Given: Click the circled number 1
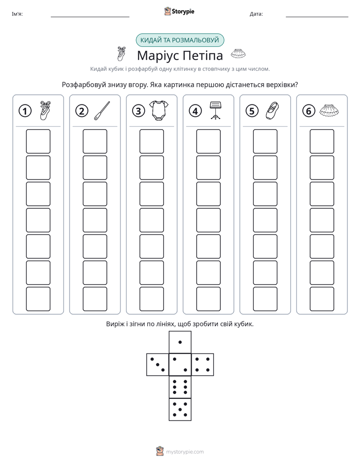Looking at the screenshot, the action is coord(25,111).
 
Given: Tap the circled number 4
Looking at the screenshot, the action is coord(195,111).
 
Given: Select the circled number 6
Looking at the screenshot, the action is coord(309,111).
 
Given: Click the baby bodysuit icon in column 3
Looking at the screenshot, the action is coord(159,110).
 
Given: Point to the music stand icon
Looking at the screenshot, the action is coord(216,110).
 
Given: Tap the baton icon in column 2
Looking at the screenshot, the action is coord(102,110).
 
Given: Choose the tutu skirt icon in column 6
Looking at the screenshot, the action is coord(329,110).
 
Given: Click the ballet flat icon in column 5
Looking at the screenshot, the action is coord(272,110).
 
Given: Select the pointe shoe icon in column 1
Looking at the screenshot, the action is coord(45,110).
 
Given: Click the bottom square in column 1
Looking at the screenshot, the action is coord(38,299).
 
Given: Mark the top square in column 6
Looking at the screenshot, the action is coord(322,141).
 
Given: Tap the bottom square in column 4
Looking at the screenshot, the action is coord(209,299).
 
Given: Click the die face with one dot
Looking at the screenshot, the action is coord(180,342).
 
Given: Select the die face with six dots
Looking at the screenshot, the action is coord(180,387).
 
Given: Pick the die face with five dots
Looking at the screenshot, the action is coord(180,410).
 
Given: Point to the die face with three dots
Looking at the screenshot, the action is coord(158,365).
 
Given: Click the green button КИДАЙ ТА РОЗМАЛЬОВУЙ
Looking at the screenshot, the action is coord(179,40).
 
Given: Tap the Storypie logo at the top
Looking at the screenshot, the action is coord(179,11).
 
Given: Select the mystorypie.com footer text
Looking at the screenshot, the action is coord(185,452).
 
